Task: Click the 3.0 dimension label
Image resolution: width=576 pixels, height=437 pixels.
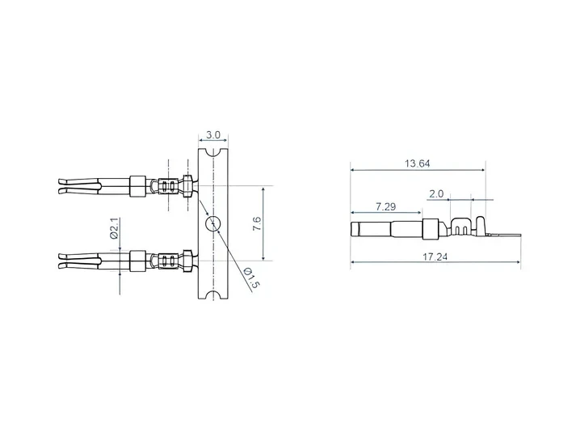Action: [212, 135]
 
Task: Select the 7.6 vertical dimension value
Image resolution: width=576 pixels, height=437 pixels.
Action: [257, 223]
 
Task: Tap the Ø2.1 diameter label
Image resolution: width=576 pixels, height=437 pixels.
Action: [115, 228]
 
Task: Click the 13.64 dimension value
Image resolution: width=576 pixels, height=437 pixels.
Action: [418, 163]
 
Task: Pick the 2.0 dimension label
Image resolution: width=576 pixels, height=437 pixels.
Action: [436, 194]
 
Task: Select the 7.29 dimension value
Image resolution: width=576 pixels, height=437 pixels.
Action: [385, 206]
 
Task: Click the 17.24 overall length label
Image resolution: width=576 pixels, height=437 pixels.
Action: [435, 257]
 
